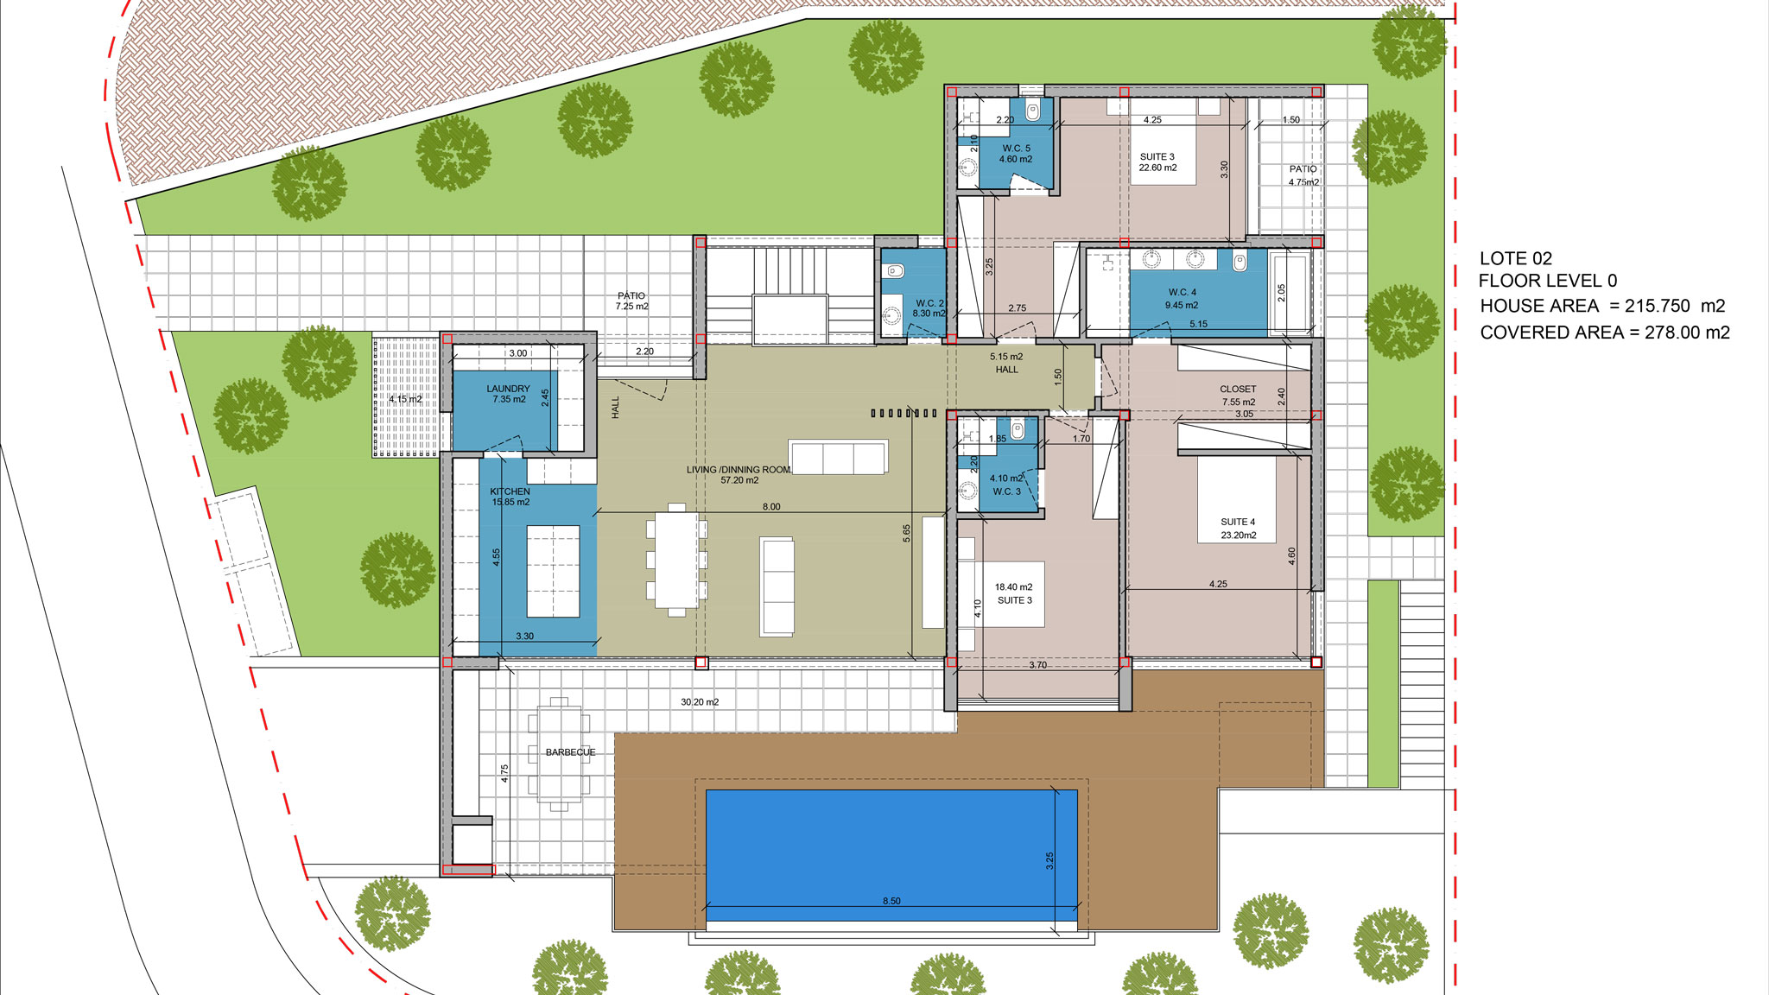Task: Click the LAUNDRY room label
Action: (x=508, y=389)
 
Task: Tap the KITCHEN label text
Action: (x=510, y=491)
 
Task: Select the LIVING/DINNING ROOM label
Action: (x=739, y=470)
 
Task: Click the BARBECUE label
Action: (x=570, y=752)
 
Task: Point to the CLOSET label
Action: (x=1238, y=390)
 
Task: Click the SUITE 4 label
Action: (x=1238, y=522)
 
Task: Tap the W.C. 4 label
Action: (x=1183, y=293)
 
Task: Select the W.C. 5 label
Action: (x=1016, y=149)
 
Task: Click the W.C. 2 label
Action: (x=929, y=303)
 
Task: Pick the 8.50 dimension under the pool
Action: (x=891, y=901)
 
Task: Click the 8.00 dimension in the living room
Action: (x=771, y=507)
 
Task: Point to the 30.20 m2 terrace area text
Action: (x=700, y=702)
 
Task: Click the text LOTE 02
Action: (x=1516, y=258)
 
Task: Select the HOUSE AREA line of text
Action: (x=1602, y=306)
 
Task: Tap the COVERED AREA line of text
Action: (x=1605, y=333)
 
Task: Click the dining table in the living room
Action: (x=676, y=560)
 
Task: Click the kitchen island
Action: (x=553, y=571)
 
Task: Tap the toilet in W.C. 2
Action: (x=894, y=271)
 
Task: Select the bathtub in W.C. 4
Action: (x=1290, y=292)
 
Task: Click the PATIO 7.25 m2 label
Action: (x=631, y=301)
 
